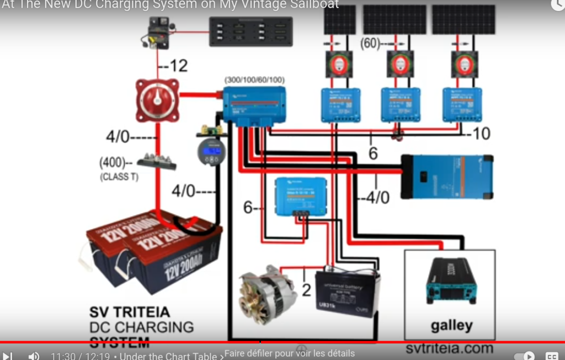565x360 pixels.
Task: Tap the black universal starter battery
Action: [x=348, y=293]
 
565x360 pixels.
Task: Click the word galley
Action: [x=451, y=325]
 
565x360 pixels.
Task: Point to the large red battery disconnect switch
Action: [x=158, y=100]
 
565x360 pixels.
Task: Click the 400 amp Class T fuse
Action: [x=157, y=161]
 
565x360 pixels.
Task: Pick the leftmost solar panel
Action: [x=340, y=20]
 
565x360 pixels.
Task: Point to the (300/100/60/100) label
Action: [x=254, y=80]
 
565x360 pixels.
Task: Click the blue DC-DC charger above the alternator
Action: [x=301, y=197]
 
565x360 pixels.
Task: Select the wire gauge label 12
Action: [x=178, y=66]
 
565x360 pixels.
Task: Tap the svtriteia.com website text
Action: [x=449, y=348]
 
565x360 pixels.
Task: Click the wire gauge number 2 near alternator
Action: [x=306, y=289]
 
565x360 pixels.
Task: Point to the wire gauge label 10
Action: [x=481, y=133]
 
